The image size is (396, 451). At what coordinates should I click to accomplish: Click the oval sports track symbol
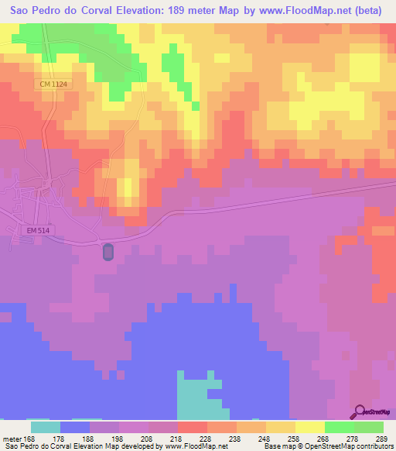click(x=108, y=252)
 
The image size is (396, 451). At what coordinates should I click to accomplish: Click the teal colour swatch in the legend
click(x=46, y=427)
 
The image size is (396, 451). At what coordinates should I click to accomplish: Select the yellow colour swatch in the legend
click(x=309, y=427)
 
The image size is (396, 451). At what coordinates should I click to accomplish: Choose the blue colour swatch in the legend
click(x=75, y=427)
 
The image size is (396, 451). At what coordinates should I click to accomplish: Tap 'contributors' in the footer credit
click(x=372, y=446)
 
